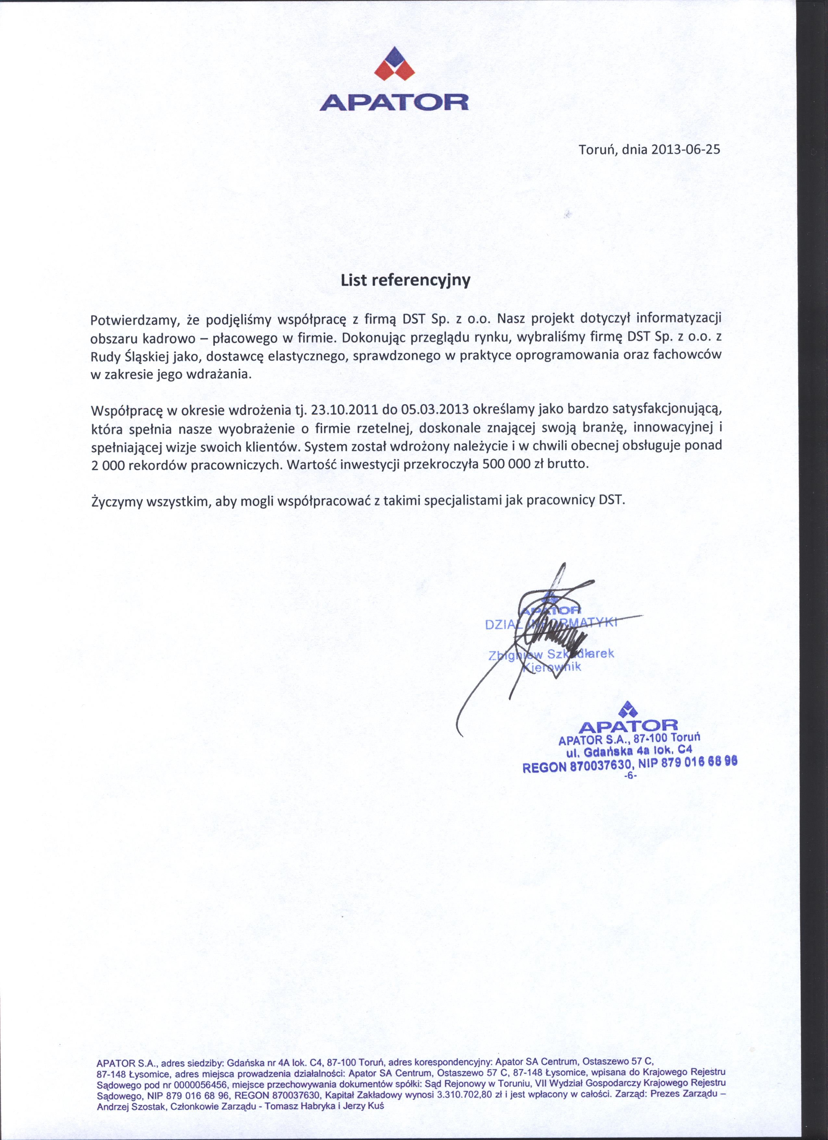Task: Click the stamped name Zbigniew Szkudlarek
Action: point(551,654)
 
